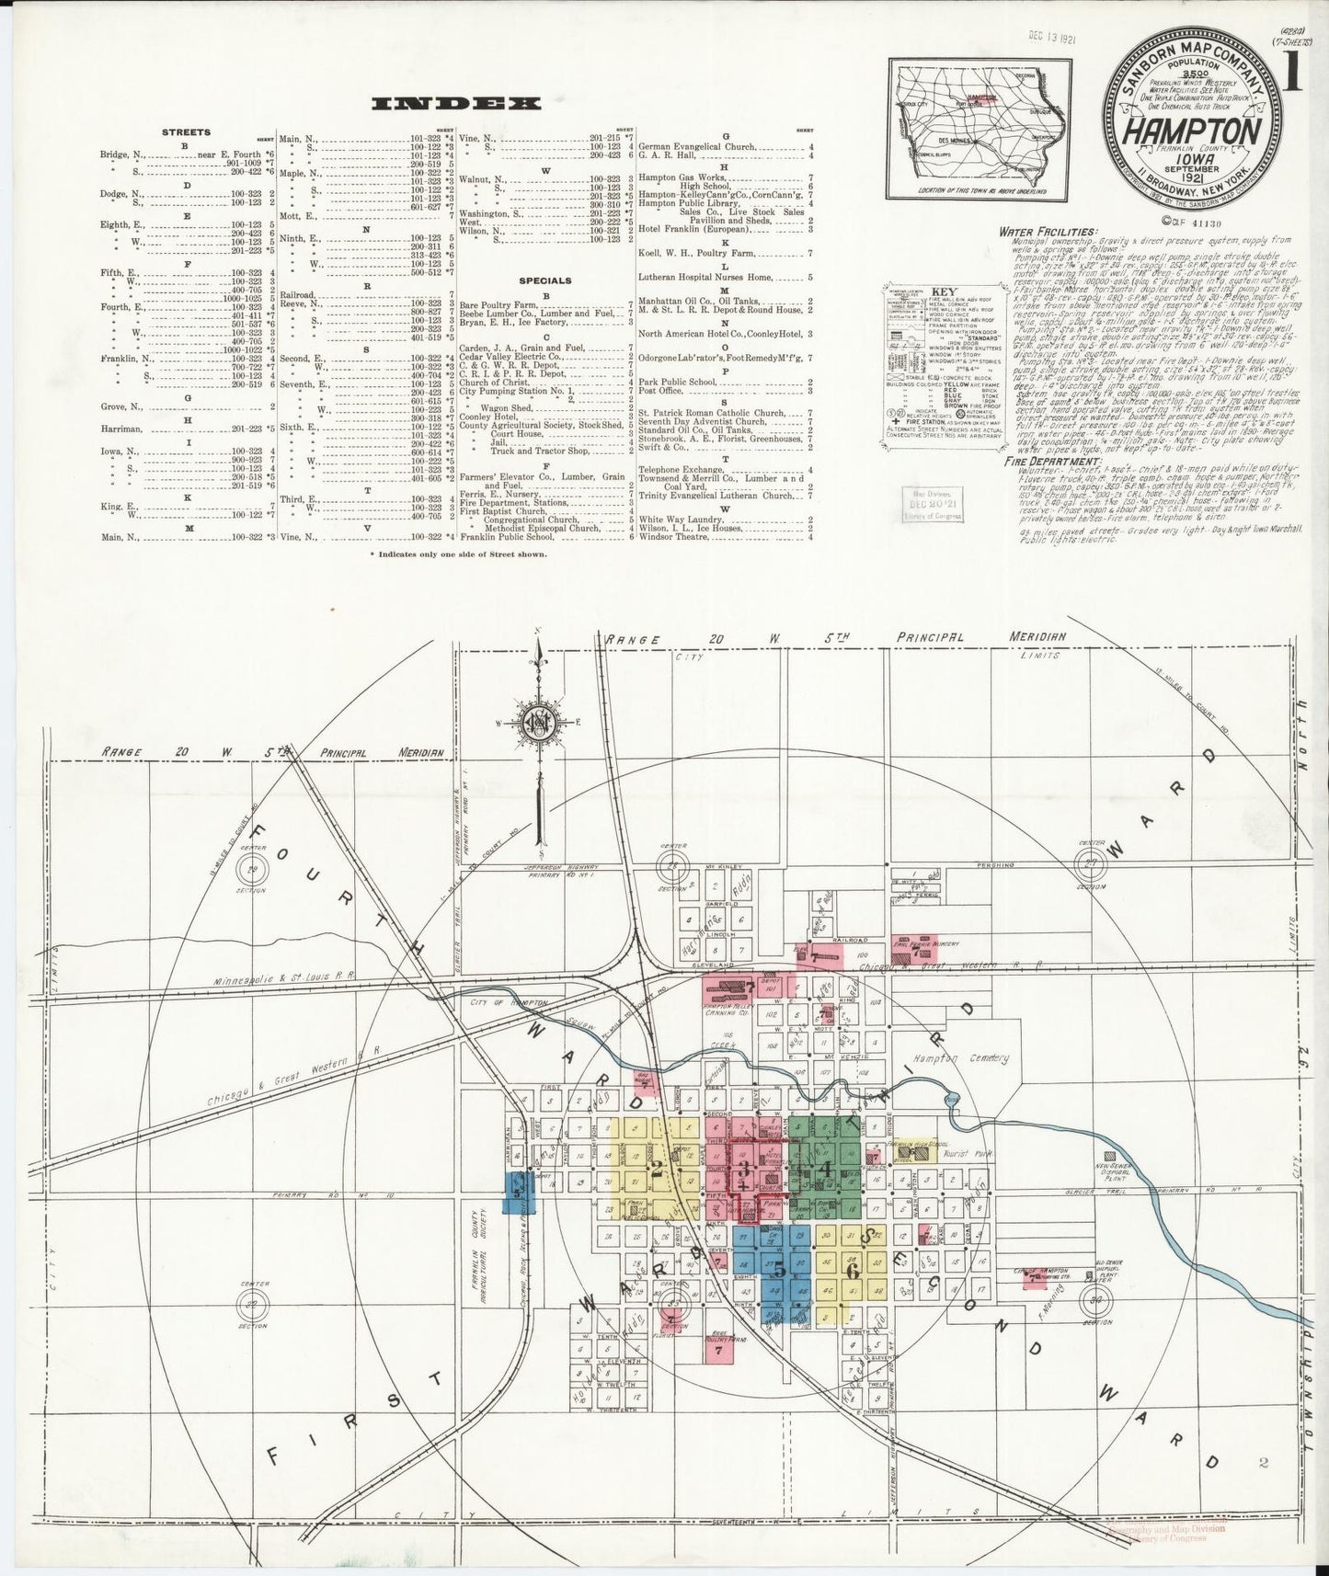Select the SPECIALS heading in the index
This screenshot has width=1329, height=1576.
(x=544, y=280)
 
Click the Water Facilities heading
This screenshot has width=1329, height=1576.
(x=1048, y=232)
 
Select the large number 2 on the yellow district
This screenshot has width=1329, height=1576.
(x=656, y=1171)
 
